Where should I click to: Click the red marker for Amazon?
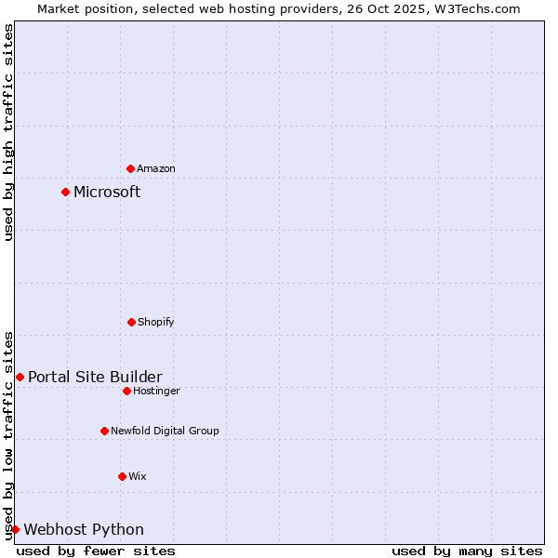click(130, 168)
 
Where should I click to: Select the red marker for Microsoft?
click(65, 193)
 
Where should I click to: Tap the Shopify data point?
click(131, 322)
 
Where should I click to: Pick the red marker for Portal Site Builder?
click(20, 377)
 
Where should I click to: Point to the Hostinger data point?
click(126, 391)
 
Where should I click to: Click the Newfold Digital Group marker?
click(104, 431)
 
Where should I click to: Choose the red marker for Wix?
click(122, 476)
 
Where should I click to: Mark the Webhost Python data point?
click(15, 529)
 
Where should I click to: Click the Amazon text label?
click(156, 169)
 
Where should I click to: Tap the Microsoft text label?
click(107, 193)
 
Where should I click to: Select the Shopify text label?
click(156, 323)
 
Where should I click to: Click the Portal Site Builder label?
click(95, 377)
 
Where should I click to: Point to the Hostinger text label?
click(156, 392)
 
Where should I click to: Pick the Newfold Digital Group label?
click(165, 432)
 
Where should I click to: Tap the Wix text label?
click(138, 477)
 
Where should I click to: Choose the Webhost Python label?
click(84, 530)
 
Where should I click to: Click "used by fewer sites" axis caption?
click(96, 551)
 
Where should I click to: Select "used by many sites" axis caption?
click(467, 551)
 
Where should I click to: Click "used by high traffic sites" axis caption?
click(8, 132)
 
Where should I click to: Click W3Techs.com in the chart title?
click(479, 8)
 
